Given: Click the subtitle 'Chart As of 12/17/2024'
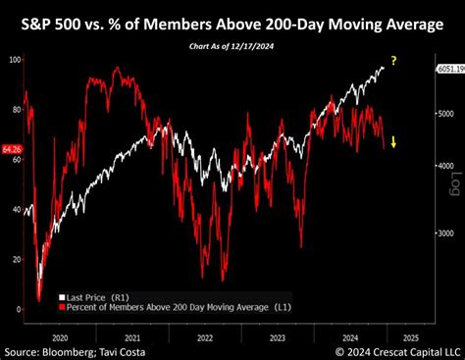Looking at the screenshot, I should click(x=232, y=46).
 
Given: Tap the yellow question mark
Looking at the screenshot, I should click(x=393, y=62).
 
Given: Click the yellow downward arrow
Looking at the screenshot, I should click(x=393, y=143).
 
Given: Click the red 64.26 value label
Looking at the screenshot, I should click(x=11, y=150).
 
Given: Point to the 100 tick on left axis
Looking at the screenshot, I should click(x=15, y=61).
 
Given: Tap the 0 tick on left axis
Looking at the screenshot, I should click(x=19, y=309).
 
